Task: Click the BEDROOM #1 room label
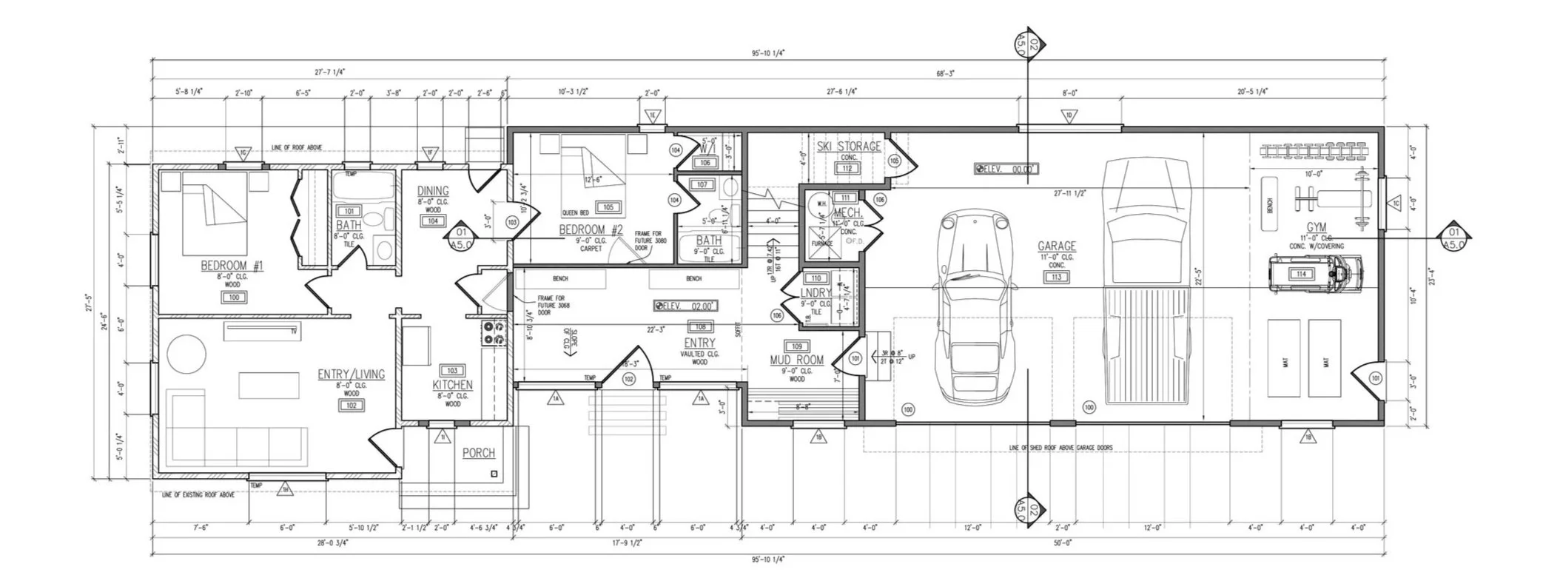pos(232,266)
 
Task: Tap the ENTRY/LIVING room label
pos(352,374)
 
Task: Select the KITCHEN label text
pos(452,385)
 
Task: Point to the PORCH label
pos(478,453)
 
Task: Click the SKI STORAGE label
pos(849,147)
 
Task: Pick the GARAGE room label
pos(1056,246)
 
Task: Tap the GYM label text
pos(1316,227)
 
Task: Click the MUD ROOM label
pos(796,360)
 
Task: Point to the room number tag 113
pos(1055,278)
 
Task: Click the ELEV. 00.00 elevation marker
pos(1006,169)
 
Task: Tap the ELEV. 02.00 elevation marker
pos(686,306)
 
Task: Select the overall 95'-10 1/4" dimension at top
pos(767,53)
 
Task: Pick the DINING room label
pos(433,191)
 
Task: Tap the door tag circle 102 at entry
pos(629,379)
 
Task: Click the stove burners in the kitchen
pos(493,332)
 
